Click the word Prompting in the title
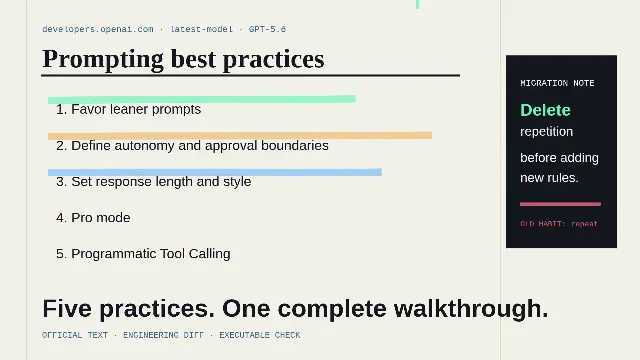[x=103, y=60]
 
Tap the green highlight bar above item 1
[x=202, y=99]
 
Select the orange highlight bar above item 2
[x=240, y=136]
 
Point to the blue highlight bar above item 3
[x=215, y=172]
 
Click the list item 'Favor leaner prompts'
[x=129, y=109]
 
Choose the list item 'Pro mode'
[x=93, y=218]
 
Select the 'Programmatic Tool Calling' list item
[x=143, y=253]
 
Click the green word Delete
[x=545, y=110]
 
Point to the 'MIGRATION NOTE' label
[x=557, y=83]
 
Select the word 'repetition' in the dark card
[x=547, y=132]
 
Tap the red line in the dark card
[x=560, y=204]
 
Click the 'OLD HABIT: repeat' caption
[x=559, y=224]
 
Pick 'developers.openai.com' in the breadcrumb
[x=98, y=29]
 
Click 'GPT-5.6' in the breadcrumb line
[x=267, y=29]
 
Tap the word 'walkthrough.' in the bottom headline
[x=471, y=309]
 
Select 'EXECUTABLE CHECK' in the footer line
[x=260, y=335]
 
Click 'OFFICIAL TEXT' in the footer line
[x=75, y=335]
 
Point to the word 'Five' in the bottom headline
[x=67, y=309]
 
